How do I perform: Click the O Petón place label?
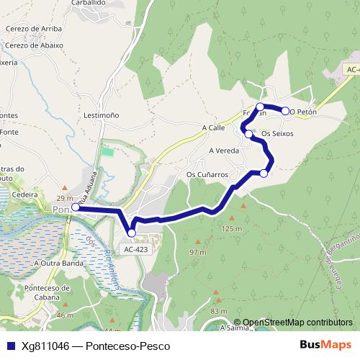(x=304, y=112)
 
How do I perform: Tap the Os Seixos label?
(x=277, y=134)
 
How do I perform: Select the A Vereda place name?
(x=223, y=151)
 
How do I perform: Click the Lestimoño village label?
(x=101, y=114)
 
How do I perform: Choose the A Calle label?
(x=214, y=127)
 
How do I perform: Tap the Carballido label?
(x=89, y=3)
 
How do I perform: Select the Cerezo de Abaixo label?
(x=33, y=45)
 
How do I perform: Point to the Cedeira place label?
(x=24, y=194)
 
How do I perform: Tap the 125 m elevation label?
(x=231, y=229)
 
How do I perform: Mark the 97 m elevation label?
(x=197, y=253)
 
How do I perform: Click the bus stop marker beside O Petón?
(x=285, y=111)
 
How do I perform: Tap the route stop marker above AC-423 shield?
(x=131, y=233)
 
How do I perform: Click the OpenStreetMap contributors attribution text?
(x=297, y=323)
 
